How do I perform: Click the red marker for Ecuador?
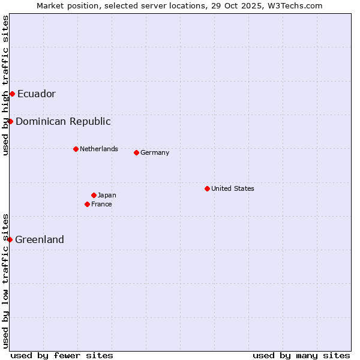pos(12,94)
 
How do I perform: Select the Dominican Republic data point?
pos(10,121)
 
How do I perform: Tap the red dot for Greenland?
pos(10,239)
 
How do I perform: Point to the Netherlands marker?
pos(76,149)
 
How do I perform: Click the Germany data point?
pos(136,152)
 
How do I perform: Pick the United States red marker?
pos(207,188)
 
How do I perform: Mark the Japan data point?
pos(94,195)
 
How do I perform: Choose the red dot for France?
pos(87,204)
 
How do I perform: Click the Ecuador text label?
pos(37,94)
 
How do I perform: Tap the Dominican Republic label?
pos(63,121)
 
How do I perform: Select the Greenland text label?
pos(40,239)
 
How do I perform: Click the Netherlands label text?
pos(99,149)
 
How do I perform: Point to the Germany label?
pos(155,152)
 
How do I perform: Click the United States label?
pos(233,188)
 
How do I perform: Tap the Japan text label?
pos(107,195)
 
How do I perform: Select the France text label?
pos(101,204)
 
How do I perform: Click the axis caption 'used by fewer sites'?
pos(62,355)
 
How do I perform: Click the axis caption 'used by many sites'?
pos(301,355)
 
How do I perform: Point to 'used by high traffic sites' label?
pos(5,85)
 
